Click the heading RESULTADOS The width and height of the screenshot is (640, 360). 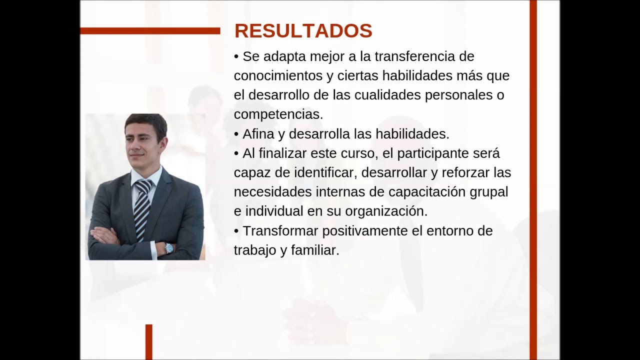[303, 31]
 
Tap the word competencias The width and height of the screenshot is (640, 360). [278, 114]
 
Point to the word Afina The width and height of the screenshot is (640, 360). [258, 134]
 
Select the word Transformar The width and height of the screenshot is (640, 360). [280, 231]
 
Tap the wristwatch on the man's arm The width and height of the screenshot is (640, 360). [168, 248]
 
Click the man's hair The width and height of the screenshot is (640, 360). [145, 121]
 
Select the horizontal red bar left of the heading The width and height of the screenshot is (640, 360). [150, 31]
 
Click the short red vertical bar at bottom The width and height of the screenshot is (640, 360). [148, 342]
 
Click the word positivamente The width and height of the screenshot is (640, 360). [372, 231]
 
